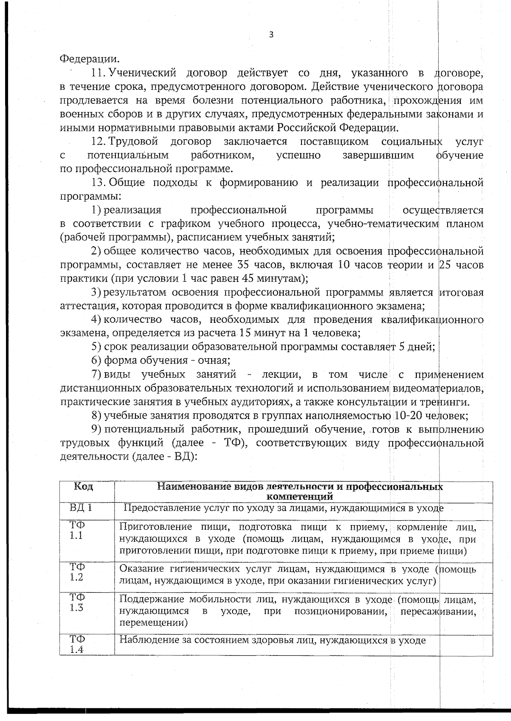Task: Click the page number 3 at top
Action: point(271,35)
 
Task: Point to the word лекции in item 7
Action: point(281,375)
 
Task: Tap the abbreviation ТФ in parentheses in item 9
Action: point(233,443)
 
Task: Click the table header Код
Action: point(84,486)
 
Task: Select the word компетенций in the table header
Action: point(299,497)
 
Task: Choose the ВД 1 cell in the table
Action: point(80,508)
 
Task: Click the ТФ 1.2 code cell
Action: point(77,572)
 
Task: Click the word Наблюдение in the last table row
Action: point(147,640)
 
